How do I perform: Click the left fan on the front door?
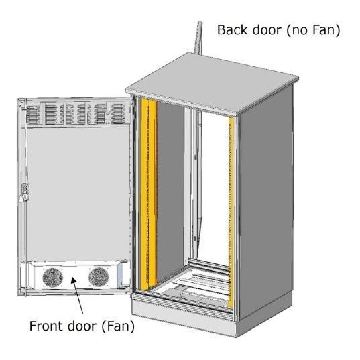click(52, 278)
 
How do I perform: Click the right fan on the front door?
click(99, 277)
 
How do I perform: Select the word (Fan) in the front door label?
click(118, 326)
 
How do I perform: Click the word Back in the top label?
click(233, 30)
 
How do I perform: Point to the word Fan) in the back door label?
click(326, 30)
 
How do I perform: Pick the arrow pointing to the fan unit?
click(77, 295)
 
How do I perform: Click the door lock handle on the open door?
click(24, 192)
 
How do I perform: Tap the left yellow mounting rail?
click(149, 194)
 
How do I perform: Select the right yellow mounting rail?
click(231, 213)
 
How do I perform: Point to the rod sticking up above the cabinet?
click(199, 38)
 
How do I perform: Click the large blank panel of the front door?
click(78, 194)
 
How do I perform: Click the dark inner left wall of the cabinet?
click(170, 188)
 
